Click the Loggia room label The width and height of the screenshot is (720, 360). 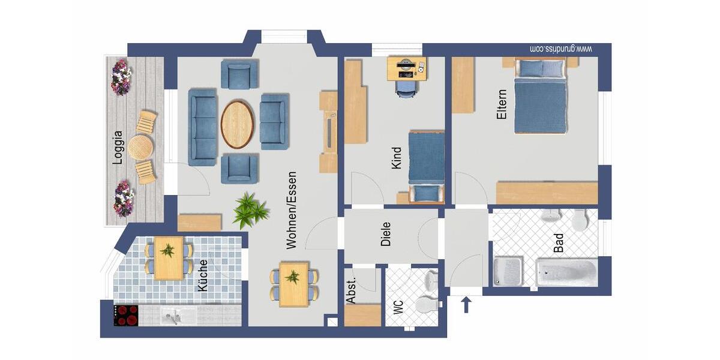tap(118, 147)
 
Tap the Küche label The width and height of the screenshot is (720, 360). tap(203, 275)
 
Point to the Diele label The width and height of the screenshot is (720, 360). tap(386, 235)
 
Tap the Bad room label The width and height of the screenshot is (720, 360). tap(559, 241)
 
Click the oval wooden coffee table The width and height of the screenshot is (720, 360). tap(237, 124)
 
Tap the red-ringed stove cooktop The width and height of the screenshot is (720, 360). tap(126, 315)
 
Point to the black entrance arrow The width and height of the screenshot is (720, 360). tap(466, 305)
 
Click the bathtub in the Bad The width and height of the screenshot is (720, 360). tap(566, 273)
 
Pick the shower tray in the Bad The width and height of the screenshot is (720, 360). tap(508, 271)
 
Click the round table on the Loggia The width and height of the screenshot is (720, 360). tap(140, 146)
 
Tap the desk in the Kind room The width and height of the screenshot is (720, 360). tap(406, 68)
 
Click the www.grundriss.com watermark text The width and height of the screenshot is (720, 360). tap(562, 49)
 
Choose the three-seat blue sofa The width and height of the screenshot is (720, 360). tap(202, 127)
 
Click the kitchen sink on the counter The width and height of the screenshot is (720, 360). tap(171, 315)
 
